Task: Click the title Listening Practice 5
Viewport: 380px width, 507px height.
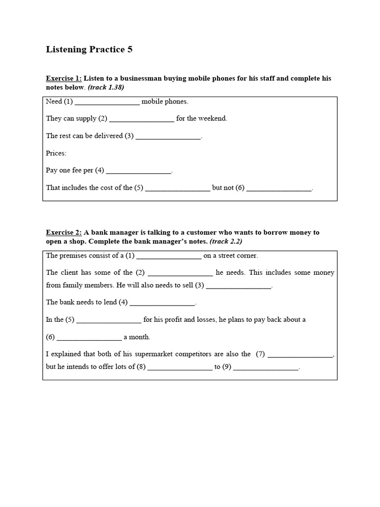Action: pyautogui.click(x=89, y=50)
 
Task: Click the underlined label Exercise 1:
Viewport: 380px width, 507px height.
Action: pyautogui.click(x=64, y=78)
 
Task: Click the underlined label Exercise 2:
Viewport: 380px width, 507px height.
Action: pyautogui.click(x=64, y=232)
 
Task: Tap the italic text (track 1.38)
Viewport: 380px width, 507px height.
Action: pyautogui.click(x=106, y=87)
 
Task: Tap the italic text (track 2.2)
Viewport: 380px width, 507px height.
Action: pyautogui.click(x=226, y=241)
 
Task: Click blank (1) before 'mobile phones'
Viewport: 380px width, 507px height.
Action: pyautogui.click(x=107, y=102)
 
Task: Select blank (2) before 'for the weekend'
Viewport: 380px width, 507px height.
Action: pyautogui.click(x=142, y=119)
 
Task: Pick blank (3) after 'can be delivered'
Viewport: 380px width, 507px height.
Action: pyautogui.click(x=168, y=137)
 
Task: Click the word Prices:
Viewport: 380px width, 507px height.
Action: pyautogui.click(x=56, y=153)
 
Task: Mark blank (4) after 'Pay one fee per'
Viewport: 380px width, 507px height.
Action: pyautogui.click(x=139, y=171)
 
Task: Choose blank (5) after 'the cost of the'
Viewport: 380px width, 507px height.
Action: pyautogui.click(x=178, y=189)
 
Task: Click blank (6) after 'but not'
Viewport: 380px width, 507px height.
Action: pyautogui.click(x=279, y=189)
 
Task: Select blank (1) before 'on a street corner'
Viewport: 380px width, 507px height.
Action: pyautogui.click(x=169, y=256)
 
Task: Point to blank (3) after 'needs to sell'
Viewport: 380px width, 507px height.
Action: pyautogui.click(x=238, y=286)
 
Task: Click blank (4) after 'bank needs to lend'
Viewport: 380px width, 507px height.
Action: pyautogui.click(x=162, y=303)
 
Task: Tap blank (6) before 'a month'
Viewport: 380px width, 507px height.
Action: pyautogui.click(x=89, y=338)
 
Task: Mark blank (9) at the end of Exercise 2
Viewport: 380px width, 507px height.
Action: pyautogui.click(x=266, y=368)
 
